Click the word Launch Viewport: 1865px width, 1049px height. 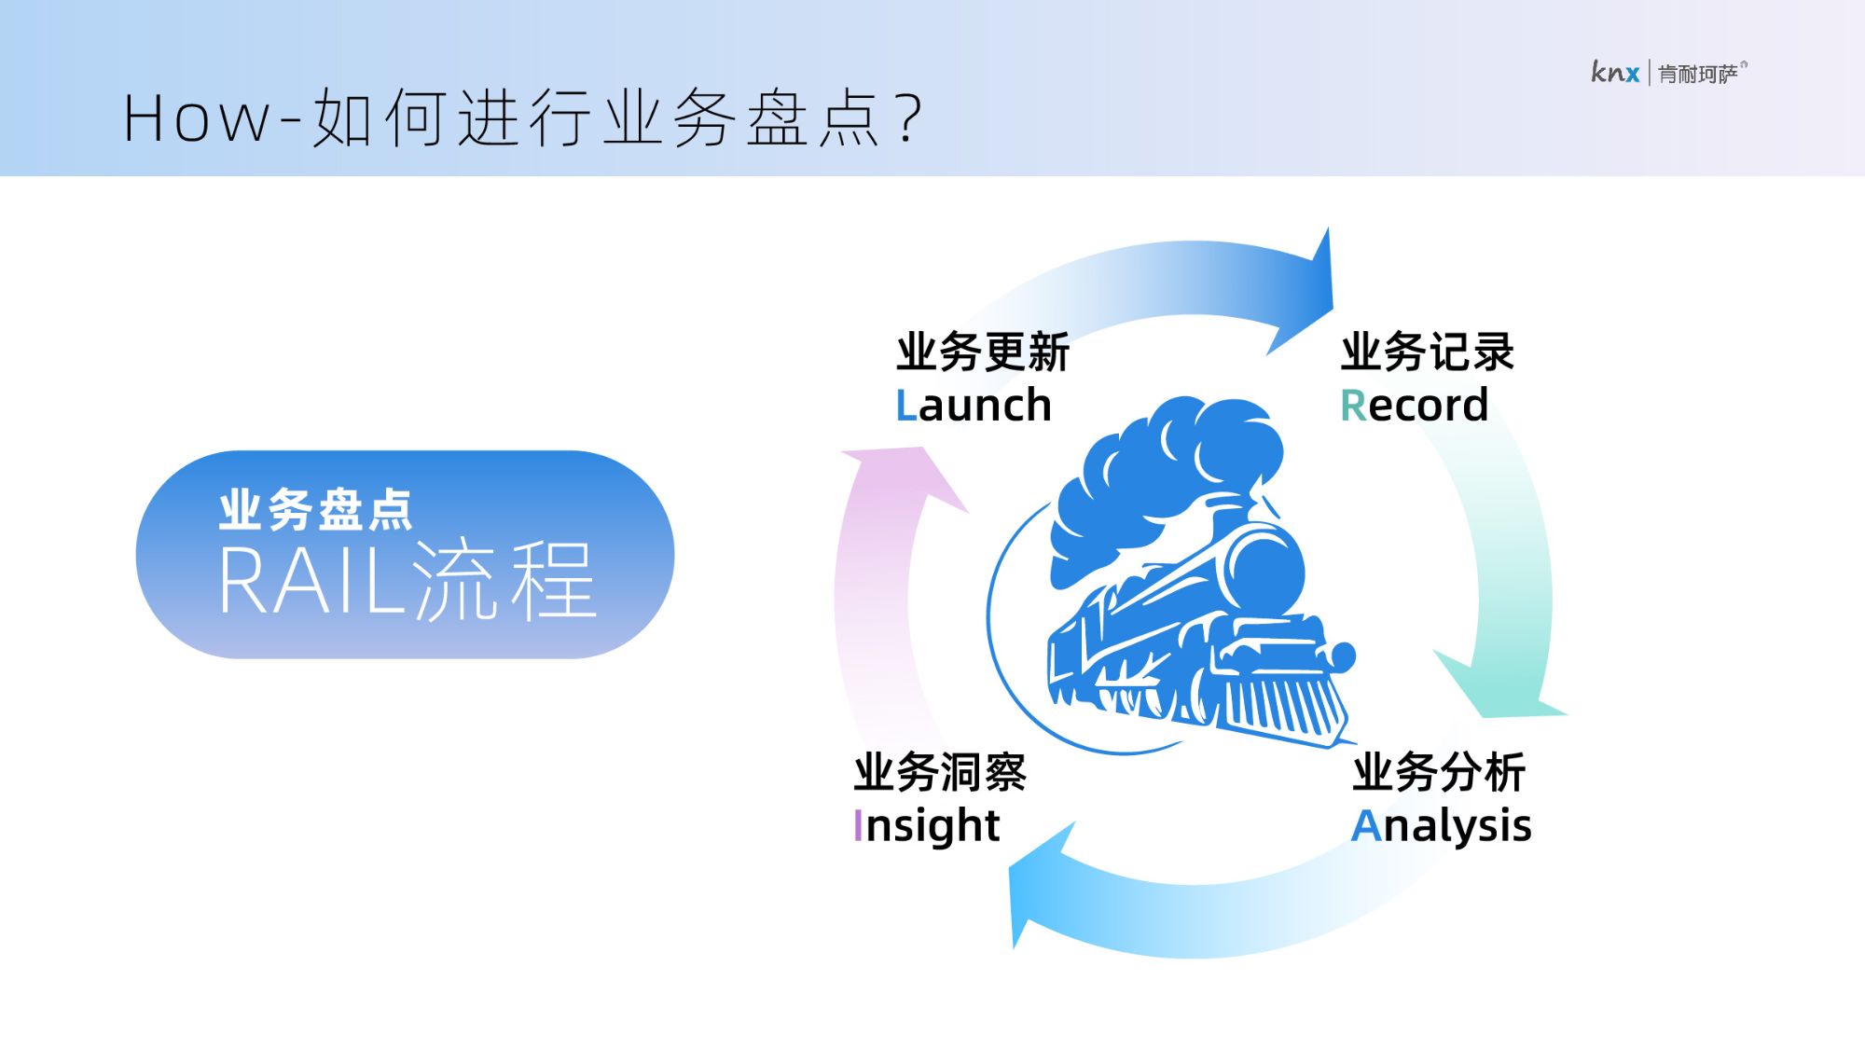click(x=974, y=406)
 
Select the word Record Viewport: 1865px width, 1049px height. click(x=1414, y=406)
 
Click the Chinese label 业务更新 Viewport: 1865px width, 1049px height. click(x=983, y=352)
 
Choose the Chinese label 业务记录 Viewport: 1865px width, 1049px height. click(x=1428, y=352)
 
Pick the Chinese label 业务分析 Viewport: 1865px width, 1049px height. click(x=1439, y=773)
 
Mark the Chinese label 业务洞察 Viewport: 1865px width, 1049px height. click(x=940, y=773)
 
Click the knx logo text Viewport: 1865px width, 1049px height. click(x=1615, y=72)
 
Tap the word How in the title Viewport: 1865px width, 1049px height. click(x=197, y=119)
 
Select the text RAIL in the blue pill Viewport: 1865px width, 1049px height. click(x=311, y=581)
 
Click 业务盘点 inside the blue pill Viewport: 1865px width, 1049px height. click(x=316, y=510)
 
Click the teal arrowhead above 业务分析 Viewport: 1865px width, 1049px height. click(x=1501, y=685)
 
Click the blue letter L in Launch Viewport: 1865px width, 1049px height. click(x=905, y=406)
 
